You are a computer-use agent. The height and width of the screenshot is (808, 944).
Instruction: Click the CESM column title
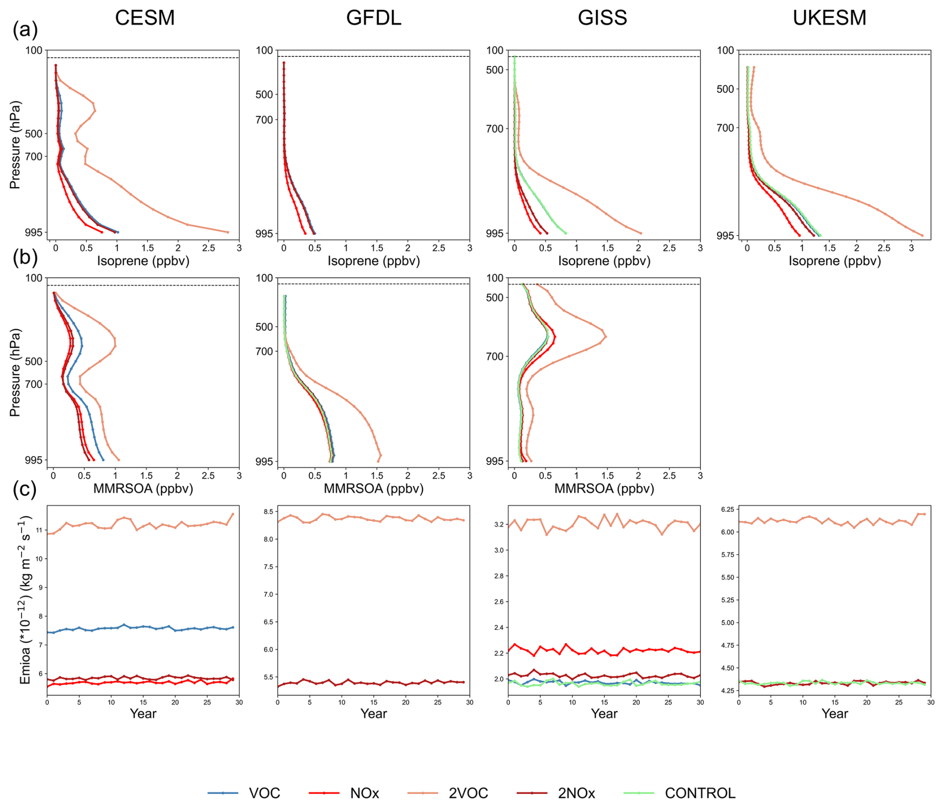[x=145, y=18]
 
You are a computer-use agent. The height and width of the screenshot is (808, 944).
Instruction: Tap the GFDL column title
[x=373, y=18]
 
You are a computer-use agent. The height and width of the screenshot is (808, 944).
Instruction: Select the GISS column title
[x=602, y=18]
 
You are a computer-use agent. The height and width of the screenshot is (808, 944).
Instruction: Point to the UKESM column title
[x=829, y=18]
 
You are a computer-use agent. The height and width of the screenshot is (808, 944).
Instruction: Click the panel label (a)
[x=25, y=30]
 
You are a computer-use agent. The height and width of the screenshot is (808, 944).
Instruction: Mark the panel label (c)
[x=25, y=490]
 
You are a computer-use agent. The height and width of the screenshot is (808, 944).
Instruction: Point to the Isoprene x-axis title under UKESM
[x=834, y=261]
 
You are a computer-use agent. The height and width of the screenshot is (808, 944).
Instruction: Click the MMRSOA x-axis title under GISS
[x=604, y=489]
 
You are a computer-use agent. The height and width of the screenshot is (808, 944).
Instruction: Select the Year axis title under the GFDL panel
[x=373, y=714]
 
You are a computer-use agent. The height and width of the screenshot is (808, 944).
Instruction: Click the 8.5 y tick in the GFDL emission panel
[x=267, y=512]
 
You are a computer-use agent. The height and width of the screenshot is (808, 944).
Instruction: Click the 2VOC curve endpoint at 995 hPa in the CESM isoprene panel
[x=228, y=232]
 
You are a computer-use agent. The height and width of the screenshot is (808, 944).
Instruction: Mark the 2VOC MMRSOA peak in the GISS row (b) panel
[x=606, y=337]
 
